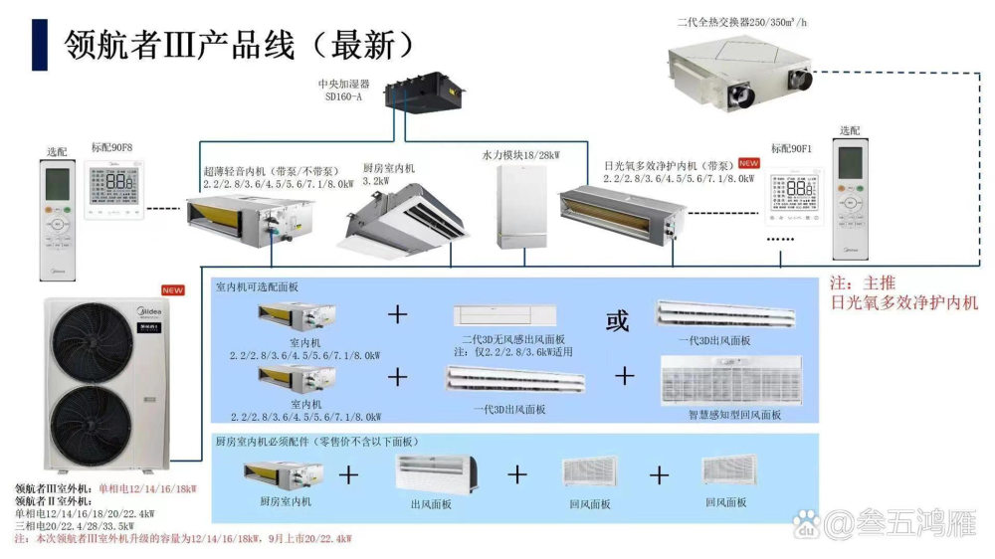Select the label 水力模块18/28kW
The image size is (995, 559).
(520, 155)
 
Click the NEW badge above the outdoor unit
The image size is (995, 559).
(173, 290)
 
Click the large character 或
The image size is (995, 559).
(618, 320)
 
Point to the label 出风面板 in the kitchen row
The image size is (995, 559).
(431, 504)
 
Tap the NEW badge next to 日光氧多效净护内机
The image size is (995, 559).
(748, 162)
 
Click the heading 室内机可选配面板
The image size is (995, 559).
(257, 286)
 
